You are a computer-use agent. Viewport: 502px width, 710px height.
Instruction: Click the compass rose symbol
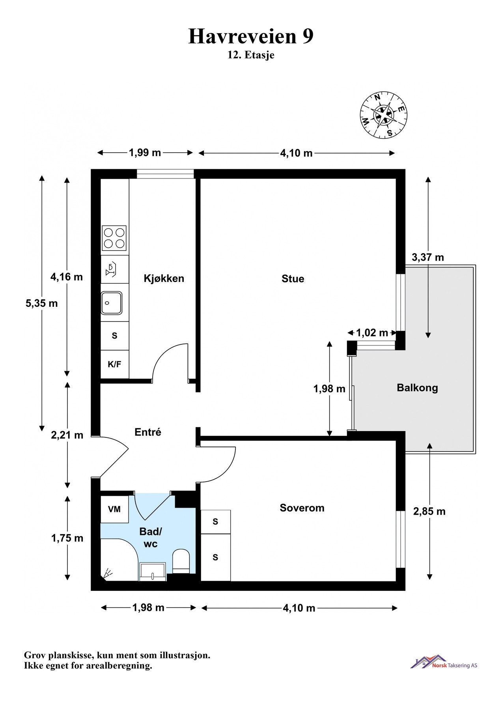tap(384, 115)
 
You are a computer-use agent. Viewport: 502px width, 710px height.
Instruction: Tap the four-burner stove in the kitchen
tap(114, 238)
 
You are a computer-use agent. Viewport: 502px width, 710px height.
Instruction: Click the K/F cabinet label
tap(114, 364)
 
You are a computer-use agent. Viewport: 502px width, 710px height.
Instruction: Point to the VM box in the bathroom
tap(114, 509)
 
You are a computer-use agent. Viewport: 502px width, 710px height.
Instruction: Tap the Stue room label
tap(293, 279)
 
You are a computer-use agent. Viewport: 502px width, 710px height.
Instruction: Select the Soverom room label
tap(302, 508)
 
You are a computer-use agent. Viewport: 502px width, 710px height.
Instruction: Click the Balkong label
tap(417, 387)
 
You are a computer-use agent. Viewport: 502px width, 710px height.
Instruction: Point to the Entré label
tap(148, 432)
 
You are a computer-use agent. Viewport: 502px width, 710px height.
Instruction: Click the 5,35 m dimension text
tap(41, 303)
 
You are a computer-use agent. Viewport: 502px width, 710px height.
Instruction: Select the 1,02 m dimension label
tap(372, 333)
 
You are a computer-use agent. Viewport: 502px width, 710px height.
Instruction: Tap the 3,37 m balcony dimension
tap(427, 258)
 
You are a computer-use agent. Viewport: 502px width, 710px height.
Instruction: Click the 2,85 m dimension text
tap(429, 512)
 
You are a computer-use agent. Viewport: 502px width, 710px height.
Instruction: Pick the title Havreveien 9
tap(251, 36)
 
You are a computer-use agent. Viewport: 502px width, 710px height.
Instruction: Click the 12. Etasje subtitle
tap(251, 55)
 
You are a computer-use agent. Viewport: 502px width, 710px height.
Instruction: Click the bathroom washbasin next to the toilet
tap(152, 571)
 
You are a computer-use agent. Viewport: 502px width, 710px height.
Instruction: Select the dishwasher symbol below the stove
tap(111, 269)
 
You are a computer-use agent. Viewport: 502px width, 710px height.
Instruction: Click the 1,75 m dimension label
tap(67, 538)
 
